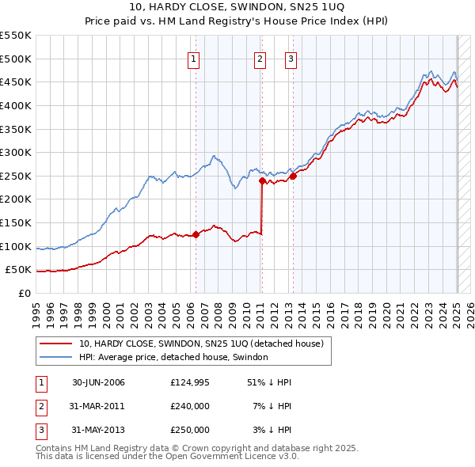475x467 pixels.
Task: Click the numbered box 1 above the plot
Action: [x=194, y=58]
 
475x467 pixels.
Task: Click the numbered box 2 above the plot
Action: [x=260, y=58]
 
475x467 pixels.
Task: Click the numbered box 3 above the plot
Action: [x=291, y=58]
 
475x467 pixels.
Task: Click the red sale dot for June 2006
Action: [x=196, y=234]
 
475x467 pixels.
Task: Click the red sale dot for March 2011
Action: [x=262, y=180]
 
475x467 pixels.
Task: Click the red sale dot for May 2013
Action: [x=293, y=176]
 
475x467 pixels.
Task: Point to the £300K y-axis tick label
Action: [x=16, y=152]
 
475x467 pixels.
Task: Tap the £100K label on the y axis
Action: [x=16, y=246]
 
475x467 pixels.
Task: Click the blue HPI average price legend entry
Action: [x=173, y=358]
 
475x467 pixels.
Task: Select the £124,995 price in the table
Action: [x=190, y=382]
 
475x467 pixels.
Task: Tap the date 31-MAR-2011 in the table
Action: [x=98, y=406]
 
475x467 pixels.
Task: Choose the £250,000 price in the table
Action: [x=190, y=430]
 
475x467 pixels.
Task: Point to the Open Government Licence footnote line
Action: [x=167, y=457]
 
